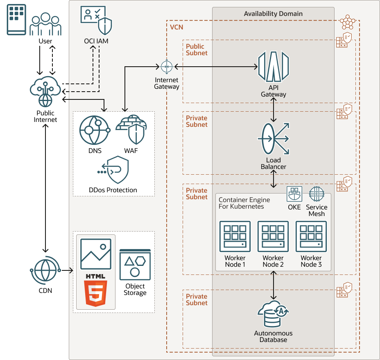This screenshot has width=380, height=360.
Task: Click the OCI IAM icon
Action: coord(97,21)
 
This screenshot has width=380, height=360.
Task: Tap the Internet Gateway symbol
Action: coord(166,66)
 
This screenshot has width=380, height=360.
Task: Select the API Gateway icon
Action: coord(273,66)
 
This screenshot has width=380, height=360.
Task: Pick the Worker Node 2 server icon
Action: coord(273,236)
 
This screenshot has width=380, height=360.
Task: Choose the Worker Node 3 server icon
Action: coord(311,236)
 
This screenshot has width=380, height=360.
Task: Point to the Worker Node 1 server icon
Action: coord(235,236)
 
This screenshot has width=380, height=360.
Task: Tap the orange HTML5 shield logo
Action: coord(96,293)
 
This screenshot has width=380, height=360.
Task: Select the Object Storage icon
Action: coord(135,264)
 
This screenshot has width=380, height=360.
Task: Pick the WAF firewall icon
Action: coord(131,129)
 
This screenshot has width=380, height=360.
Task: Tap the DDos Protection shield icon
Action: coord(113,171)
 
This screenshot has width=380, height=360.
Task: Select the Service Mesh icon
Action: coord(317,194)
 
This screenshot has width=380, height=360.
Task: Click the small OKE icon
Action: coord(294,194)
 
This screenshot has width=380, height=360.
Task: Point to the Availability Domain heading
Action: coord(273,13)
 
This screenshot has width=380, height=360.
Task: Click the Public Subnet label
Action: coord(197,49)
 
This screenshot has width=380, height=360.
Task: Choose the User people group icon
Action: coord(45,25)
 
